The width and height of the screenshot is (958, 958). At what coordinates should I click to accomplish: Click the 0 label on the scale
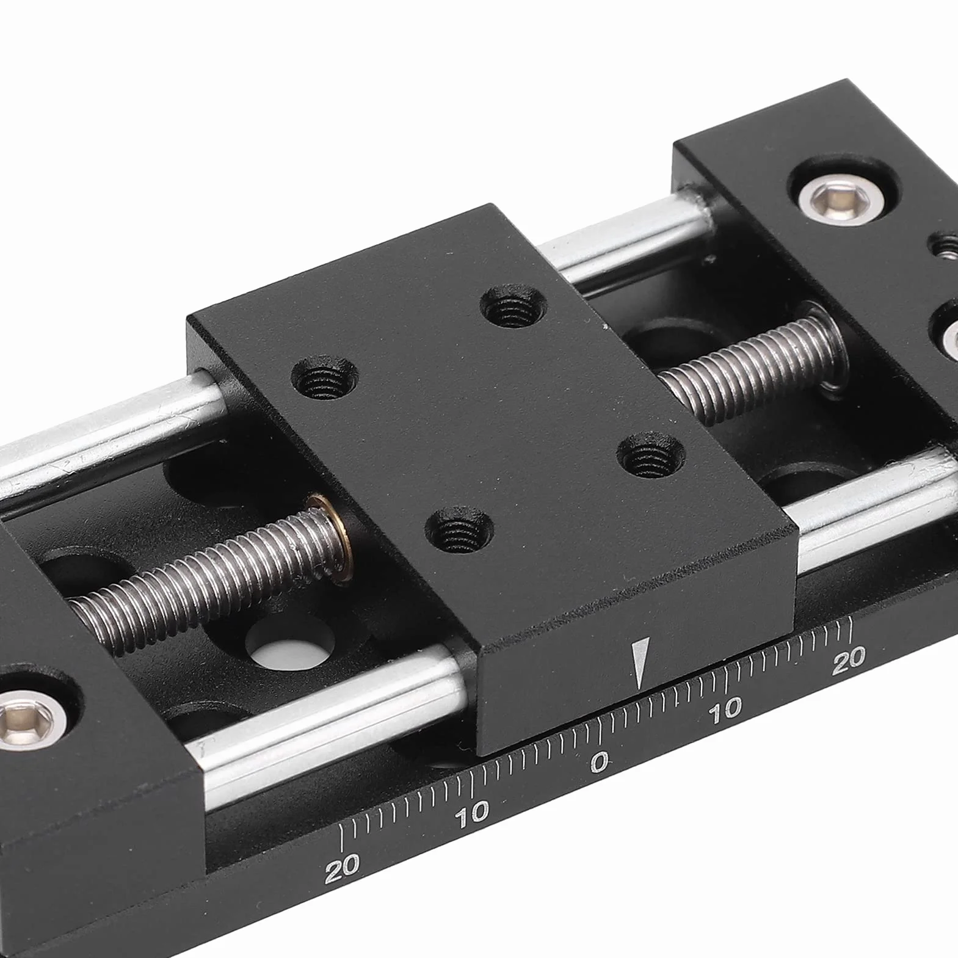pyautogui.click(x=600, y=761)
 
